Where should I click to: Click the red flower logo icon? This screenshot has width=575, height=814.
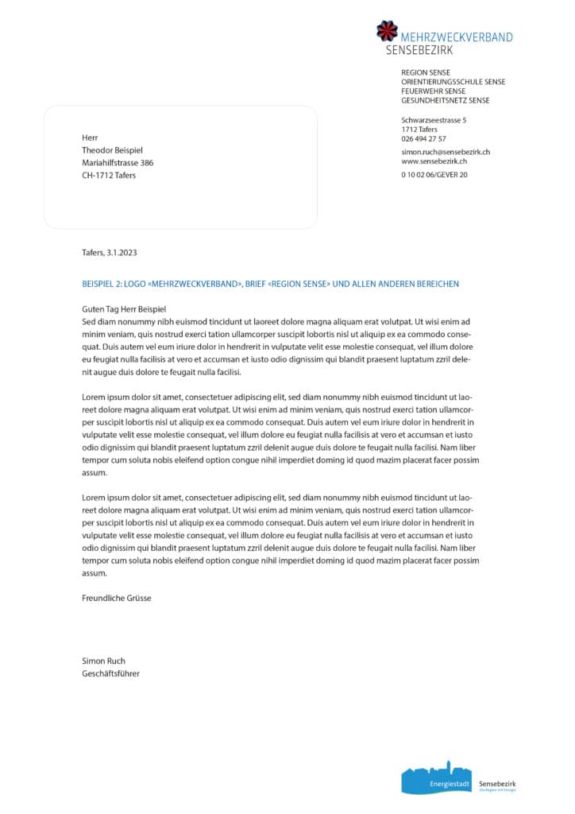(x=387, y=31)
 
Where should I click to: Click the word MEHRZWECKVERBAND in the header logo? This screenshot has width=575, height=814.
(x=457, y=37)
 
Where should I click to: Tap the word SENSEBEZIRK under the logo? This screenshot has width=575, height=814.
(x=419, y=50)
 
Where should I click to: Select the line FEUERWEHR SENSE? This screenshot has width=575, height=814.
(x=434, y=91)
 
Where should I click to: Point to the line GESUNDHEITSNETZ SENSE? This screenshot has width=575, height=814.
(x=445, y=100)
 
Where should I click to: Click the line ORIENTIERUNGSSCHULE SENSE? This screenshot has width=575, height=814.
(x=453, y=81)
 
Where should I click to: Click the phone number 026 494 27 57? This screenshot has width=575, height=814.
(x=423, y=138)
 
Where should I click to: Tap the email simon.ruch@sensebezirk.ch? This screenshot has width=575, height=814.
(x=445, y=151)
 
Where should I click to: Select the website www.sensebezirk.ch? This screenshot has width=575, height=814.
(x=433, y=161)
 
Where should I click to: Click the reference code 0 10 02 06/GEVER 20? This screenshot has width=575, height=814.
(x=434, y=174)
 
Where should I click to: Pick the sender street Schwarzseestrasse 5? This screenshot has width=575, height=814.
(x=434, y=119)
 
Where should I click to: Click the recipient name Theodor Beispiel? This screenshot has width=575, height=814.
(x=113, y=149)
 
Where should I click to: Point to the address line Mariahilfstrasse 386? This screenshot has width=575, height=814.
(x=118, y=162)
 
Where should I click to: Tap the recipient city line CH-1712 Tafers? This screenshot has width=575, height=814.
(x=109, y=175)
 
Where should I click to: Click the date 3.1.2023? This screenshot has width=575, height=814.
(x=122, y=252)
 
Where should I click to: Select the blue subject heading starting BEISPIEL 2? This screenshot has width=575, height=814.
(x=270, y=284)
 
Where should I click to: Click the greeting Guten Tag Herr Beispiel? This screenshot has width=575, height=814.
(x=125, y=309)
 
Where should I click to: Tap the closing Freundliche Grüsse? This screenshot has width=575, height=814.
(x=116, y=598)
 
